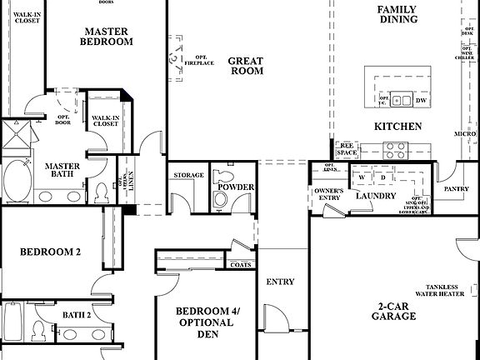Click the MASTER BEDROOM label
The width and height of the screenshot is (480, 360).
coord(108,36)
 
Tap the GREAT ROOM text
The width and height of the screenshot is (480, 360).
coord(246,66)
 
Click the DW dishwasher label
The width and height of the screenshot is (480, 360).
coord(420,100)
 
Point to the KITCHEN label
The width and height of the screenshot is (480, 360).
coord(397,127)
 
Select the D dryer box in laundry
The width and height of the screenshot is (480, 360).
coord(382,178)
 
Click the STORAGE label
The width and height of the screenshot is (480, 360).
coord(188,176)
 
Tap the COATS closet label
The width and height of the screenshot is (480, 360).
coord(241,264)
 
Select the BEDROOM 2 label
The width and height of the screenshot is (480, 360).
coord(50,252)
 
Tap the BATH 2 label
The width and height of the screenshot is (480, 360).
coord(77,315)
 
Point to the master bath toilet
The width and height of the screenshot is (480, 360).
coord(102,192)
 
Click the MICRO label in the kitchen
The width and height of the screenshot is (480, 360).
coord(465,133)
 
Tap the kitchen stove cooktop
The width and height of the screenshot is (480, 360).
coord(394,150)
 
